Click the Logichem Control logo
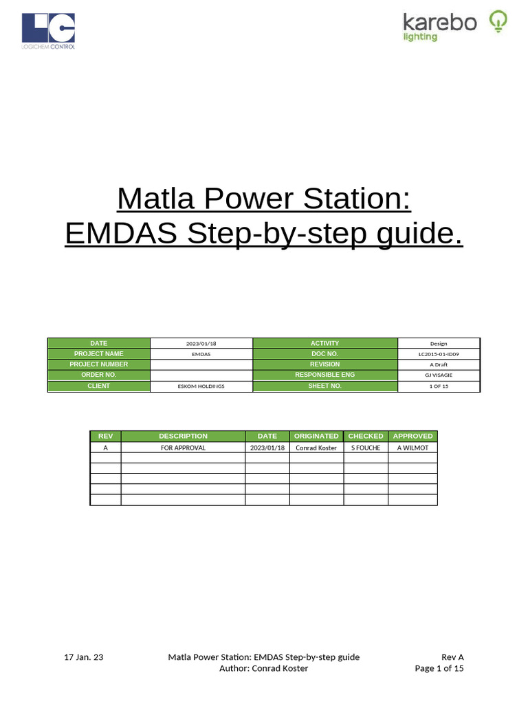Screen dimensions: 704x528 pyautogui.click(x=48, y=31)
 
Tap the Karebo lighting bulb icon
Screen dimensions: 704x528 pyautogui.click(x=497, y=22)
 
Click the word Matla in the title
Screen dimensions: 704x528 pyautogui.click(x=151, y=199)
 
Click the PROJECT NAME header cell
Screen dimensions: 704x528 pyautogui.click(x=98, y=353)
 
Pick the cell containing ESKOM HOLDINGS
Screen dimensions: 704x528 pyautogui.click(x=201, y=386)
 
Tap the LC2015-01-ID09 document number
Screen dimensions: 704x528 pyautogui.click(x=438, y=353)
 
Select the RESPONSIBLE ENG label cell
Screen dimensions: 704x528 pyautogui.click(x=325, y=375)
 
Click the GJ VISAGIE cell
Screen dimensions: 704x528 pyautogui.click(x=438, y=375)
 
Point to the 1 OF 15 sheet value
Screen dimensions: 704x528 pyautogui.click(x=438, y=386)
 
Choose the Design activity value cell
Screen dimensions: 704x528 pyautogui.click(x=438, y=343)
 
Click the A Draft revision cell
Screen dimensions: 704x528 pyautogui.click(x=438, y=364)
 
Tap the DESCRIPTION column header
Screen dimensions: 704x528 pyautogui.click(x=183, y=436)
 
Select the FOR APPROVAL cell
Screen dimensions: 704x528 pyautogui.click(x=183, y=448)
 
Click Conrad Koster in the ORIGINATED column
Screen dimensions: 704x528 pyautogui.click(x=316, y=448)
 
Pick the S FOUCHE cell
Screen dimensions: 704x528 pyautogui.click(x=366, y=448)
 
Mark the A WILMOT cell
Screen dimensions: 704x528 pyautogui.click(x=412, y=448)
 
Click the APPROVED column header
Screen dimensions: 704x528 pyautogui.click(x=412, y=436)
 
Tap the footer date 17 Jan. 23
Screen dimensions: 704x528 pyautogui.click(x=84, y=657)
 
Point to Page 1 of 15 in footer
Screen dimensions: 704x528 pyautogui.click(x=439, y=668)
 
